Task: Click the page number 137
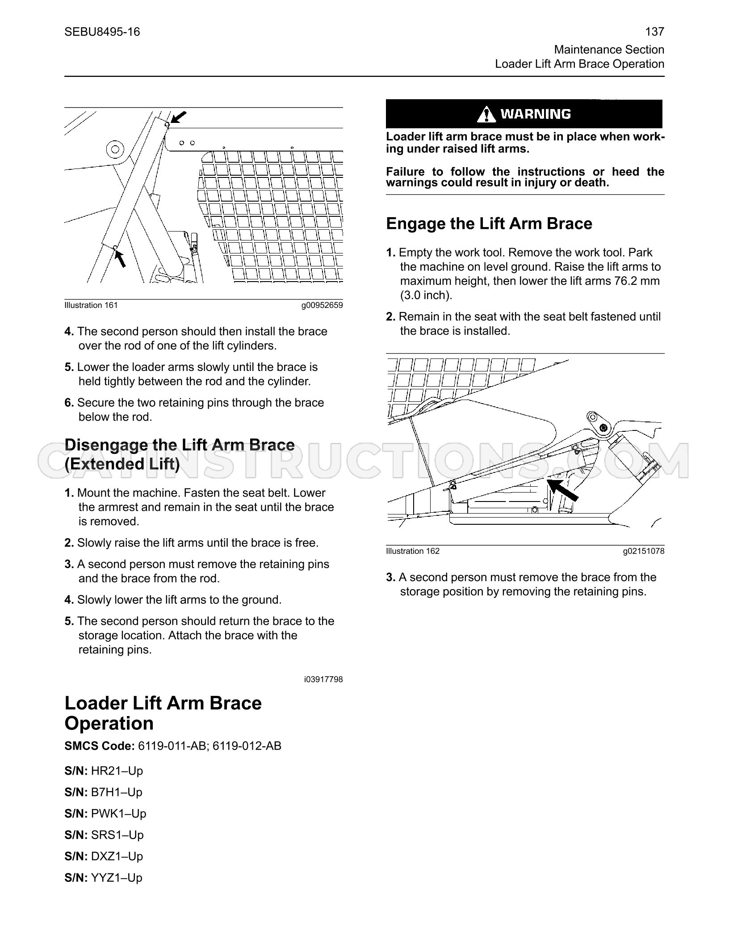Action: pyautogui.click(x=655, y=32)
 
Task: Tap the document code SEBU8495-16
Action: pyautogui.click(x=102, y=32)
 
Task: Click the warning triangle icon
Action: pyautogui.click(x=486, y=114)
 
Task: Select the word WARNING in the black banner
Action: pyautogui.click(x=536, y=114)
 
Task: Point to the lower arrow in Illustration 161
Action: pyautogui.click(x=120, y=258)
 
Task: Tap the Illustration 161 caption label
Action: pyautogui.click(x=91, y=305)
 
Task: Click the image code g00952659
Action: pyautogui.click(x=322, y=305)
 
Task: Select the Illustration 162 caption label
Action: pyautogui.click(x=413, y=551)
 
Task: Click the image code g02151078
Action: pyautogui.click(x=644, y=551)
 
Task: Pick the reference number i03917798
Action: pyautogui.click(x=323, y=679)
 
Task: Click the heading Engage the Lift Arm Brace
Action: pyautogui.click(x=489, y=223)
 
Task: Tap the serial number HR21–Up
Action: pyautogui.click(x=117, y=771)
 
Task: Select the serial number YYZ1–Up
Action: pyautogui.click(x=117, y=877)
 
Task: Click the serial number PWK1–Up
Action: pyautogui.click(x=119, y=813)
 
